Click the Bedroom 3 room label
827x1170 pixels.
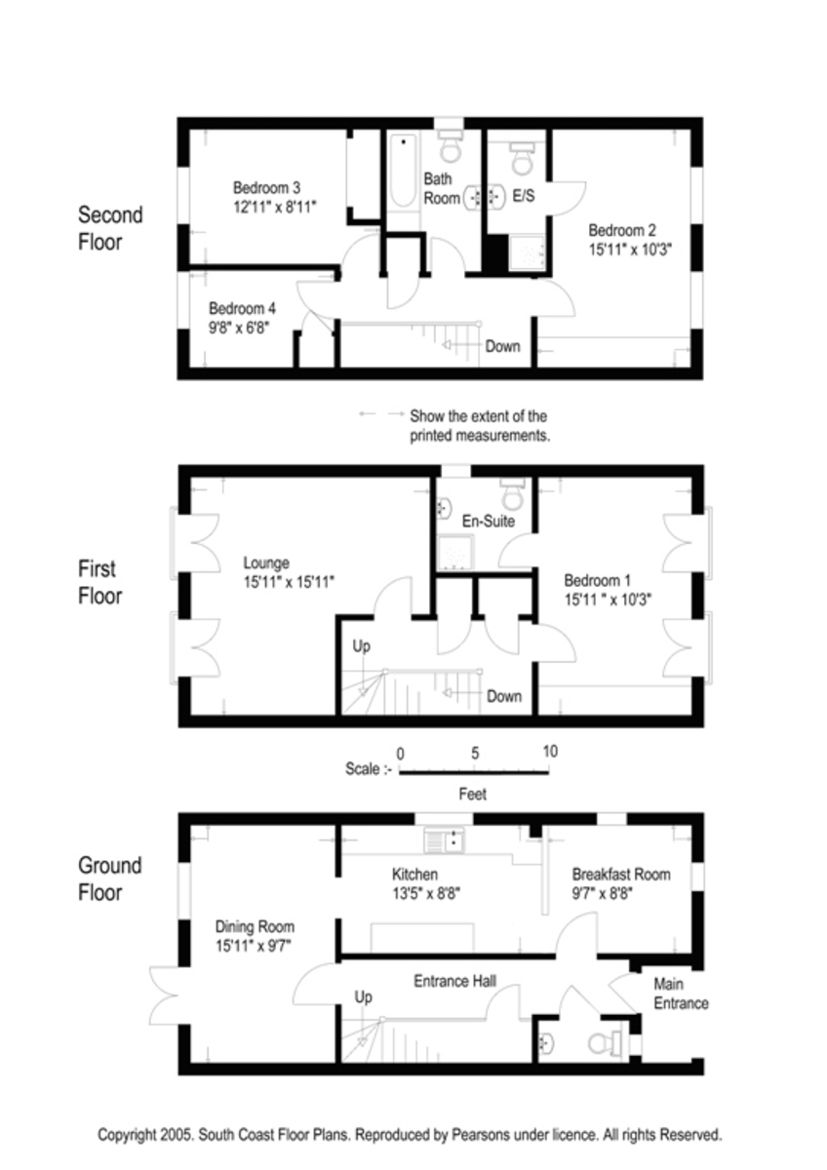tap(265, 187)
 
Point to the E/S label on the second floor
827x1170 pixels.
tap(524, 197)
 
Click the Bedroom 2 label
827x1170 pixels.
tap(622, 231)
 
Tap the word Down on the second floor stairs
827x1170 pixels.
tap(503, 346)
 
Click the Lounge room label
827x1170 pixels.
tap(266, 563)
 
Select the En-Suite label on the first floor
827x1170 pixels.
tap(489, 521)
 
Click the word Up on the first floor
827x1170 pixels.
tap(362, 645)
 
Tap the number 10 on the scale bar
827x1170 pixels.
tap(550, 752)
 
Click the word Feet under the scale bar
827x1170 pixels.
tap(473, 795)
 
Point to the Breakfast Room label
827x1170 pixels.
tap(621, 874)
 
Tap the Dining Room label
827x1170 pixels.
tap(255, 926)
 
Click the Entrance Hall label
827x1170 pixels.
tap(455, 980)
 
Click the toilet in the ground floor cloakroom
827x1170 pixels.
tap(604, 1042)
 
